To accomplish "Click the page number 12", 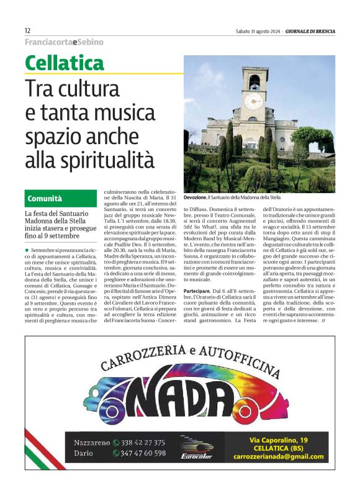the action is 28,30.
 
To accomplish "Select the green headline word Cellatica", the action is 65,63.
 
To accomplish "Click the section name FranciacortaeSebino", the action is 64,42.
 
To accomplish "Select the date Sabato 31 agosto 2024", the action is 257,31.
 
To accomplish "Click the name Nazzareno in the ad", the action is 91,443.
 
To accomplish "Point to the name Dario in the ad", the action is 84,453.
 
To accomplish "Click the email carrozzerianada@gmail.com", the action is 279,457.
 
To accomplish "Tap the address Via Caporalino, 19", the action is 279,440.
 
